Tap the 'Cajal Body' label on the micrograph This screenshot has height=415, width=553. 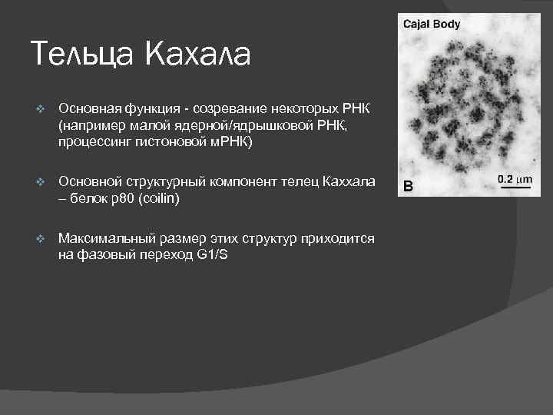432,24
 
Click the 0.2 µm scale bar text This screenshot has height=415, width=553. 514,179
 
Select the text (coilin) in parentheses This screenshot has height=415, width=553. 178,198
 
